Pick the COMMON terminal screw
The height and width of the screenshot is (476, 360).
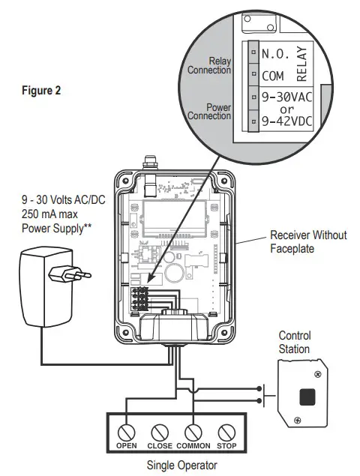tap(193, 432)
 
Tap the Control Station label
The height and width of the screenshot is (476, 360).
tap(295, 342)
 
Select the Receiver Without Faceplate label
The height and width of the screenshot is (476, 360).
tap(308, 241)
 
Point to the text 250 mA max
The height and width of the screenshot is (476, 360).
tap(50, 214)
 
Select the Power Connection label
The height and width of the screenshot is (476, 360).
tap(209, 112)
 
